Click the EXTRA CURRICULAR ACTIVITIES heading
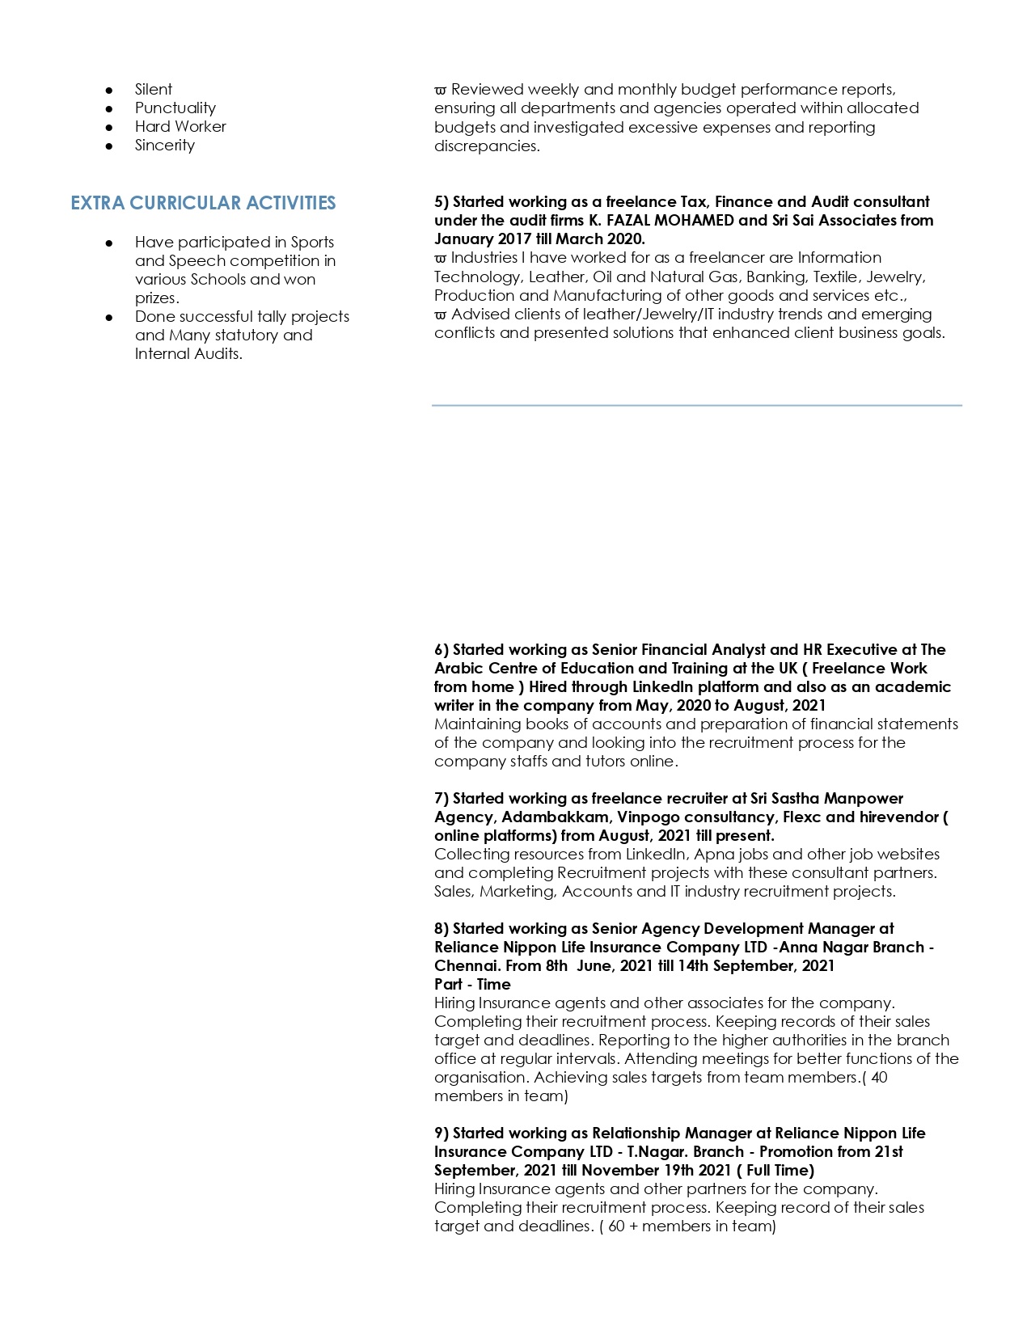(x=203, y=203)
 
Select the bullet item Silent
(x=154, y=90)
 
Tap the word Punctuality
(x=175, y=108)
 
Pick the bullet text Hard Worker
(x=180, y=127)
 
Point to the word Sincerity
(x=165, y=146)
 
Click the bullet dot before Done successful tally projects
(x=109, y=317)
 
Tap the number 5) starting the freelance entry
(x=442, y=202)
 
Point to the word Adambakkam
(x=555, y=817)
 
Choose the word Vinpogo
(x=649, y=817)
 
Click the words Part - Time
(x=472, y=985)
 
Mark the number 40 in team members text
(x=879, y=1078)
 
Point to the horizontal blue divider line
(x=696, y=405)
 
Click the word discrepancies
(x=485, y=146)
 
